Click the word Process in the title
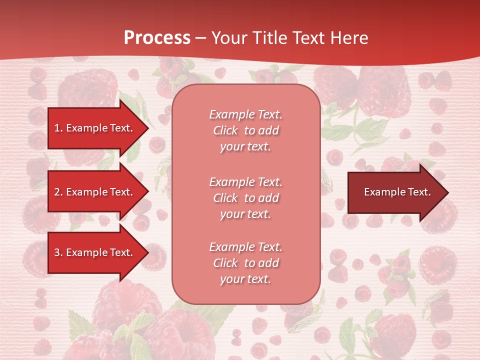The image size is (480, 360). (x=157, y=38)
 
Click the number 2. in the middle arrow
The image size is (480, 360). (x=58, y=192)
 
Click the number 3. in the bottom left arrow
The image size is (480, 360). (x=58, y=252)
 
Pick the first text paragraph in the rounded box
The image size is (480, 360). (x=245, y=130)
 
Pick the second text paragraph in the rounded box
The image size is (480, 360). (x=245, y=197)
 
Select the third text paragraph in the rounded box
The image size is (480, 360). (x=245, y=262)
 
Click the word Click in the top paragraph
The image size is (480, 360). (x=225, y=130)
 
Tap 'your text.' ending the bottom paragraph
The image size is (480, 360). (x=245, y=279)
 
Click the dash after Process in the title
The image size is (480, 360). (x=200, y=38)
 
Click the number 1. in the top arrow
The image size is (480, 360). (x=58, y=128)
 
